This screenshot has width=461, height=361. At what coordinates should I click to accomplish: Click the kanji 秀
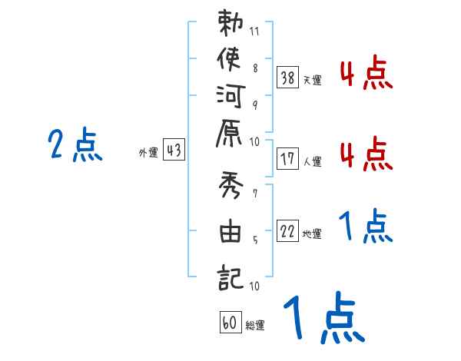click(x=230, y=187)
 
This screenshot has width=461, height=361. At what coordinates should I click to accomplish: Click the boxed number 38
click(x=288, y=77)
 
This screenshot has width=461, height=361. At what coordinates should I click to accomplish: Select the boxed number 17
click(x=288, y=159)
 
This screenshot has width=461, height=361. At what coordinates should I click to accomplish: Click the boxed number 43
click(x=174, y=151)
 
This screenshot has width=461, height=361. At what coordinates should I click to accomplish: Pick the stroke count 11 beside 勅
click(x=256, y=33)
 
